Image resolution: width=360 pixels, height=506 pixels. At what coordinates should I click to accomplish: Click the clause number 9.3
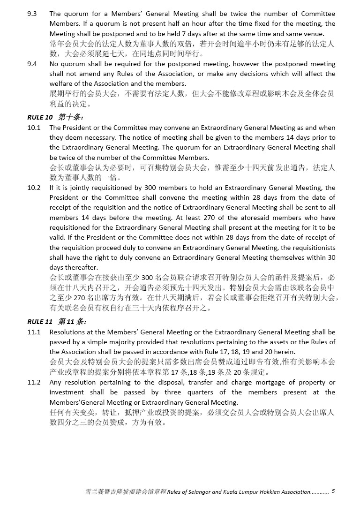coord(32,14)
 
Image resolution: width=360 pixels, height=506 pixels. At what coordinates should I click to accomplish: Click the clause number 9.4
coord(32,64)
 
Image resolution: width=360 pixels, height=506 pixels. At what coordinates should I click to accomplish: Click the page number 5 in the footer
coord(333,491)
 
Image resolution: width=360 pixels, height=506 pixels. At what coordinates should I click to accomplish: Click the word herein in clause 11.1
coord(285,352)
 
